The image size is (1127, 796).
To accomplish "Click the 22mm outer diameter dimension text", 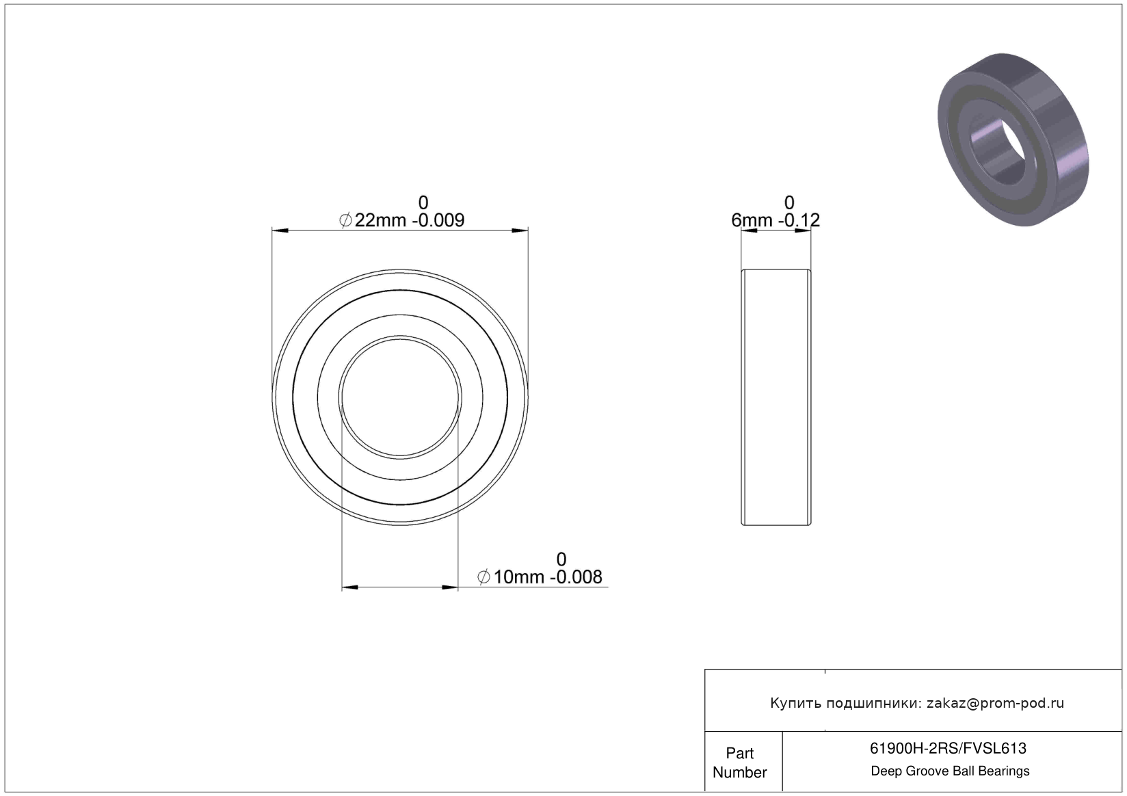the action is tap(380, 220).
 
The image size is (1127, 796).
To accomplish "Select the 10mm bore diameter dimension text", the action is tap(519, 577).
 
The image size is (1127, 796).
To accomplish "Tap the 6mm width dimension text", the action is tap(752, 220).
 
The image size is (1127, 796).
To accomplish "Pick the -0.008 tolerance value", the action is tap(576, 577).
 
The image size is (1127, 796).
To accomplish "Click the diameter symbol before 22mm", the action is tap(345, 220).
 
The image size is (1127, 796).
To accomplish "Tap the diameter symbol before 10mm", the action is tap(483, 577).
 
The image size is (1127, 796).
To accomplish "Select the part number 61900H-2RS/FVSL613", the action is tap(948, 748).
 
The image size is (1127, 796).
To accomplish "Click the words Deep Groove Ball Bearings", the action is tap(950, 771).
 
